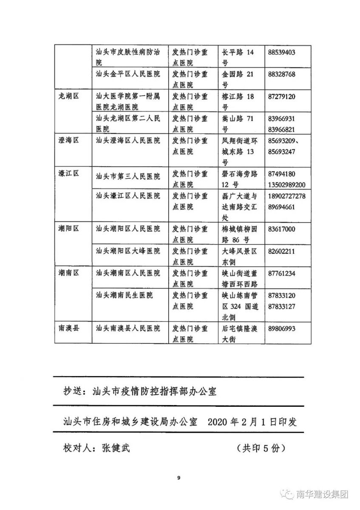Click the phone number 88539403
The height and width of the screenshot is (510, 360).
[x=282, y=52]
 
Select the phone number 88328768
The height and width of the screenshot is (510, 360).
[x=282, y=74]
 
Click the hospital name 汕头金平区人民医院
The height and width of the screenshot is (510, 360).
[x=128, y=74]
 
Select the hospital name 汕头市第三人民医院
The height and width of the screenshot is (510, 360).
[x=128, y=174]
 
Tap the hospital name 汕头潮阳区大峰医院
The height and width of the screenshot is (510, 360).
[x=128, y=251]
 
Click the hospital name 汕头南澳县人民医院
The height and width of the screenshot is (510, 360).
[x=128, y=329]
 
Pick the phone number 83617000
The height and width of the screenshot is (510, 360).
[x=282, y=229]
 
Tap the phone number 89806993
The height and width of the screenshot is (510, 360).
[x=282, y=329]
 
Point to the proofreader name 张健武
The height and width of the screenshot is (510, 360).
[x=116, y=448]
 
